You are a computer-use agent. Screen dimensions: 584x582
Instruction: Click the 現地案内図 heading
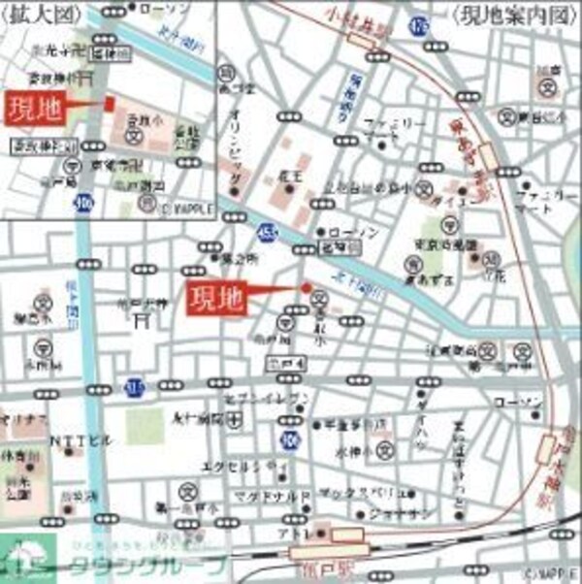[507, 14]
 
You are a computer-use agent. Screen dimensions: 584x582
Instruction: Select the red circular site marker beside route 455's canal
[307, 287]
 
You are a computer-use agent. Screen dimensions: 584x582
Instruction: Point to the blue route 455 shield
[266, 232]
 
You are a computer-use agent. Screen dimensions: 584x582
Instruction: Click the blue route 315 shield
[132, 389]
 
